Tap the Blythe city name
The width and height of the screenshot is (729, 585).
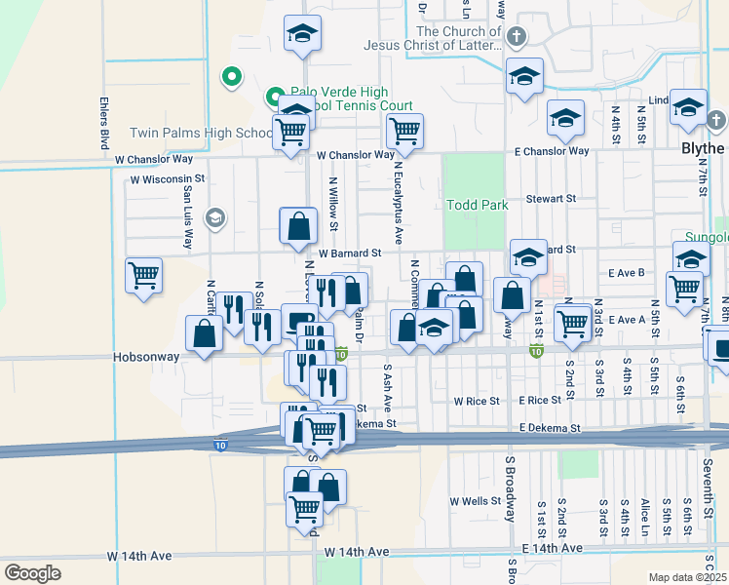[x=702, y=148]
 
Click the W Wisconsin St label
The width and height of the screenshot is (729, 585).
[x=168, y=179]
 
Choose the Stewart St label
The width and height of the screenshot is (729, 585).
[x=552, y=198]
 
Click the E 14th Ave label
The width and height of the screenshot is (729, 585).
[x=552, y=549]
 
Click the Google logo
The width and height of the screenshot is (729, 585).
[x=32, y=572]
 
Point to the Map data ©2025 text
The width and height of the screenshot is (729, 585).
[x=687, y=577]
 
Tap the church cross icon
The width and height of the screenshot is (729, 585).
[x=517, y=37]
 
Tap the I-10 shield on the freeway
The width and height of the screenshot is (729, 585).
[x=222, y=445]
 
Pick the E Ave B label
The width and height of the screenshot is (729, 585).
[x=627, y=273]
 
